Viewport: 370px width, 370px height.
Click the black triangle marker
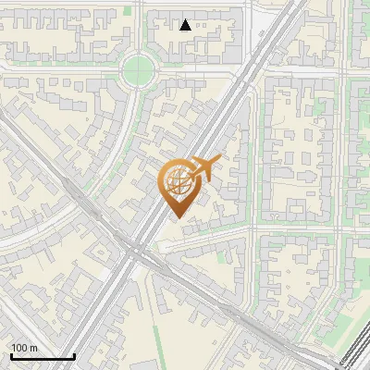pyautogui.click(x=185, y=25)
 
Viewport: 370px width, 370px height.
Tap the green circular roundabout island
pyautogui.click(x=138, y=68)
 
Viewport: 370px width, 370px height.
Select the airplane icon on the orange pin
pyautogui.click(x=203, y=168)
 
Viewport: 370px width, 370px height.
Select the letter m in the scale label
pyautogui.click(x=32, y=348)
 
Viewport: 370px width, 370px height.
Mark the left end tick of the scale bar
pyautogui.click(x=10, y=356)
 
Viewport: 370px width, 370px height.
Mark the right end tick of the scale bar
pyautogui.click(x=74, y=356)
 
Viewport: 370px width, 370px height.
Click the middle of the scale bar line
pyautogui.click(x=42, y=358)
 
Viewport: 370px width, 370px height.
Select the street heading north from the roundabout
pyautogui.click(x=138, y=23)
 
